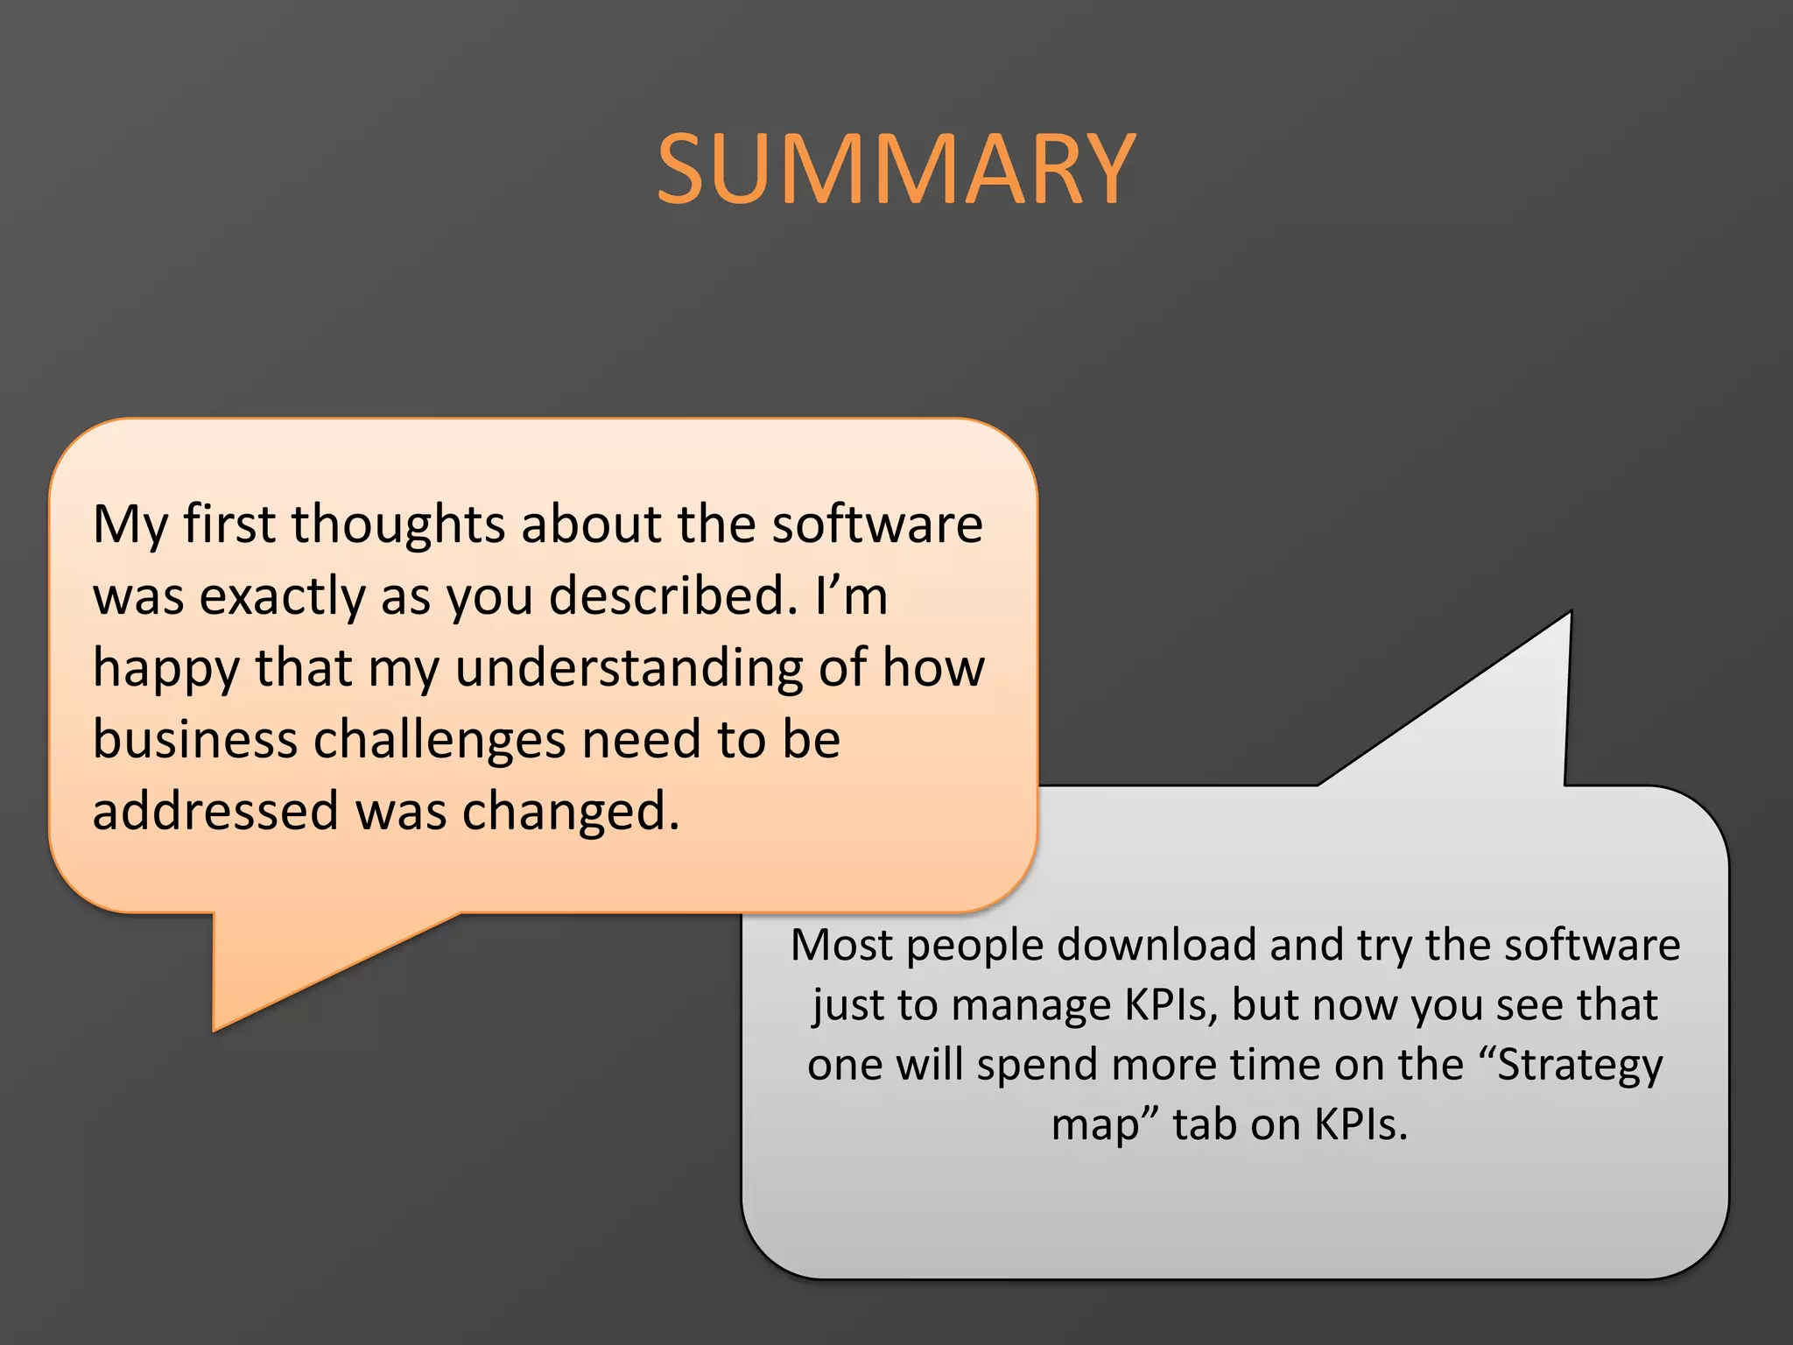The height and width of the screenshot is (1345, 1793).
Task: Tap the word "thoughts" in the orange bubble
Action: [398, 524]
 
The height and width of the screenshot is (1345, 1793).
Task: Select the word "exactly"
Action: [282, 597]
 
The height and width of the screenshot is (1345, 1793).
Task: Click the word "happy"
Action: [165, 669]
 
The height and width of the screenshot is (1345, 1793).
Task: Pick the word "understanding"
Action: [629, 667]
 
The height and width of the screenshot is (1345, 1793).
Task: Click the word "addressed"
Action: [215, 811]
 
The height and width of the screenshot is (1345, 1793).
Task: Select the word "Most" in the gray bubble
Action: [841, 946]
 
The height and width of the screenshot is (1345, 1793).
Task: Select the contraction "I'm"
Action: [851, 595]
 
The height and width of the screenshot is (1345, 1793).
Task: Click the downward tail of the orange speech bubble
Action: [263, 972]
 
